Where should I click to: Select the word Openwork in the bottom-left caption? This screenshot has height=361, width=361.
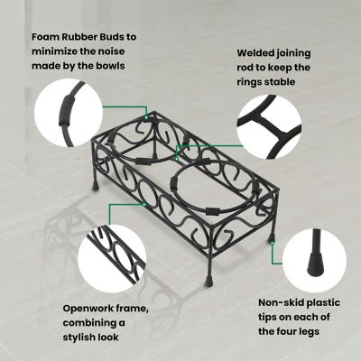(89, 308)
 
